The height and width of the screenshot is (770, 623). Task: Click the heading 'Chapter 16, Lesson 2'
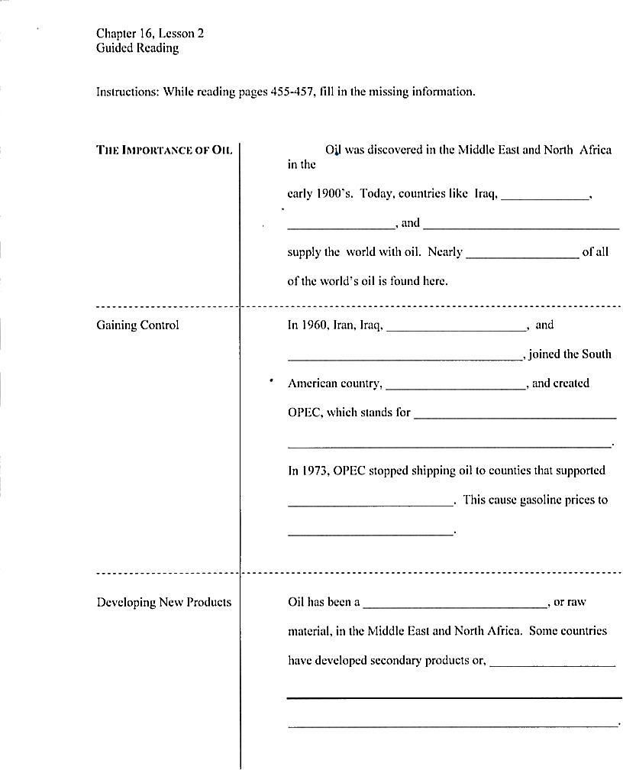[150, 34]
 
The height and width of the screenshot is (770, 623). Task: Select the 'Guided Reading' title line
[137, 48]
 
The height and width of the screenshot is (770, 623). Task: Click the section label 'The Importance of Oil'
[164, 150]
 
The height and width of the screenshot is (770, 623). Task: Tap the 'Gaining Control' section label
[137, 325]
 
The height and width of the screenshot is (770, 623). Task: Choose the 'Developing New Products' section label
[163, 603]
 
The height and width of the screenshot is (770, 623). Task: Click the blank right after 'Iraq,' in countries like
[544, 195]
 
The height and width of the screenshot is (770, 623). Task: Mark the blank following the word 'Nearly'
[522, 254]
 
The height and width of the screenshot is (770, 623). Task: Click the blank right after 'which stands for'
[515, 414]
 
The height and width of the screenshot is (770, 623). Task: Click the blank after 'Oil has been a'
[455, 603]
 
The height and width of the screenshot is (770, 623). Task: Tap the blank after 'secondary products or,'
[552, 662]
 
